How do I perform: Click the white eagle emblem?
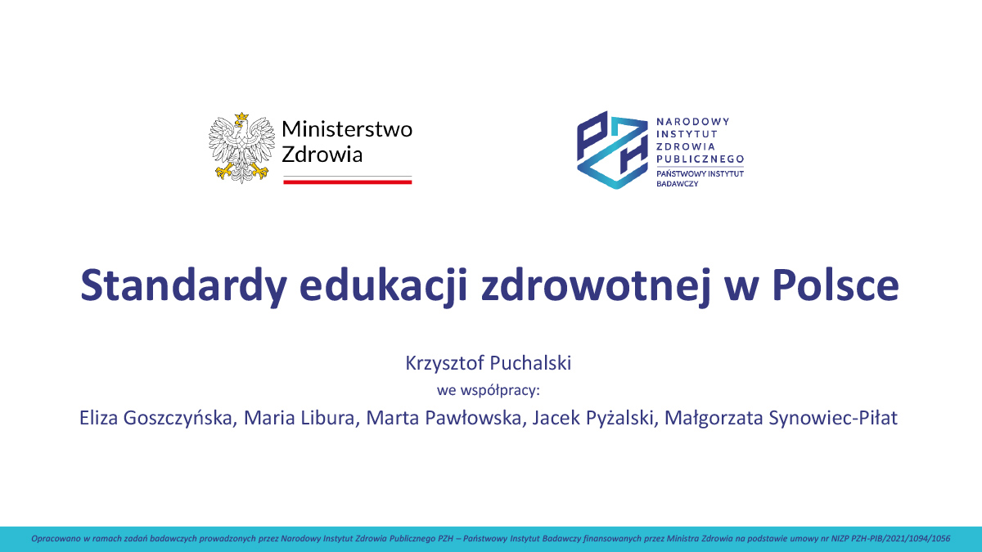tap(238, 148)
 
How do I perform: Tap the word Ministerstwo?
tap(347, 129)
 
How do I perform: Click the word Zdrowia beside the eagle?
tap(322, 155)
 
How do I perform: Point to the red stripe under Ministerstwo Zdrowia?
tap(347, 182)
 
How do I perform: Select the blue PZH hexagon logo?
tap(610, 150)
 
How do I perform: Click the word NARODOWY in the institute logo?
tap(692, 121)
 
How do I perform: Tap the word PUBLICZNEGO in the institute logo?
tap(700, 158)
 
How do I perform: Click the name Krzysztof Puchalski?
tap(489, 364)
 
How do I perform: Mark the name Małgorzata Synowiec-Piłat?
tap(781, 419)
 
